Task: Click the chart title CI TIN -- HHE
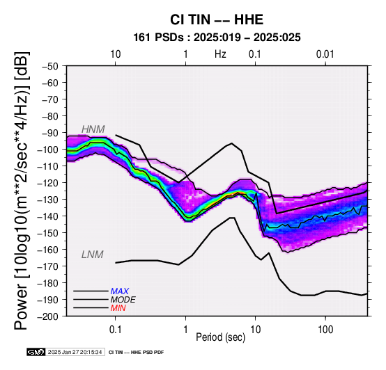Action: (217, 19)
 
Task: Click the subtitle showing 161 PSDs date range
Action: (217, 38)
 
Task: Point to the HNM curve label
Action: (93, 129)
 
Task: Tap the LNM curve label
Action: (92, 255)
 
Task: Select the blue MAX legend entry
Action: (120, 291)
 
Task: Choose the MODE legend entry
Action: (123, 300)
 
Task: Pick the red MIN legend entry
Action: (118, 308)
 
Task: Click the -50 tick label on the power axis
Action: (50, 66)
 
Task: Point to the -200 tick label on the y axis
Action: (48, 316)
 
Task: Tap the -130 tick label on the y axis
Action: (48, 200)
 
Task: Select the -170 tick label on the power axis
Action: (48, 266)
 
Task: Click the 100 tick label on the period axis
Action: (325, 330)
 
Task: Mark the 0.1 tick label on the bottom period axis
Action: (115, 330)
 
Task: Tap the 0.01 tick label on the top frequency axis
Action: (325, 54)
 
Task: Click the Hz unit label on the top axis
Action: (220, 54)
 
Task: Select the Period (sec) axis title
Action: (221, 337)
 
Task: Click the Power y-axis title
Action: (21, 191)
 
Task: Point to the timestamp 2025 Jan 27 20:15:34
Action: (75, 352)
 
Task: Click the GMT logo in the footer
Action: (36, 352)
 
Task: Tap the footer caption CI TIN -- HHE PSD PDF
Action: (136, 353)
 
